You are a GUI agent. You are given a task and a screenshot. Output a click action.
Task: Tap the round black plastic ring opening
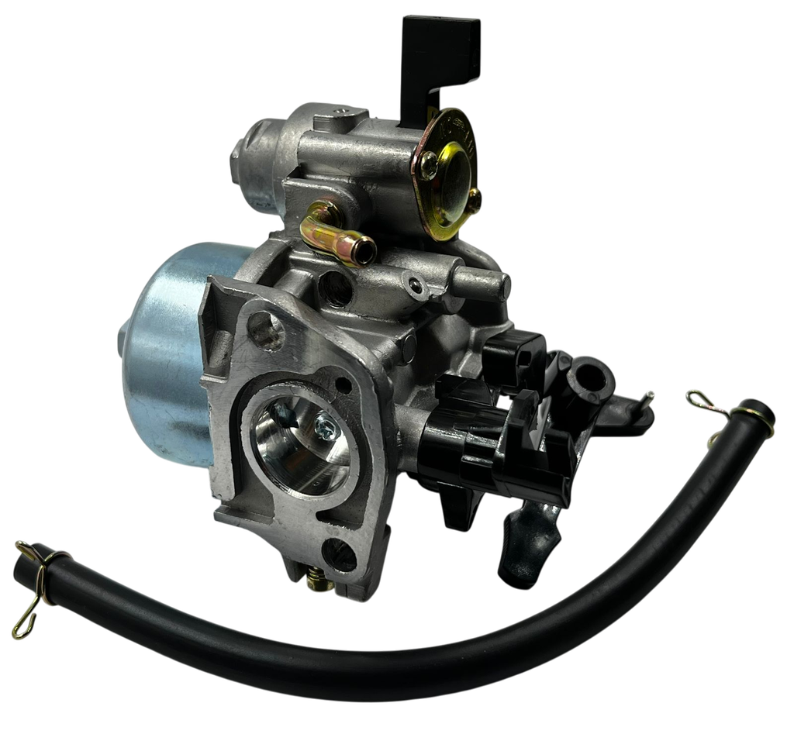pos(589,376)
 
